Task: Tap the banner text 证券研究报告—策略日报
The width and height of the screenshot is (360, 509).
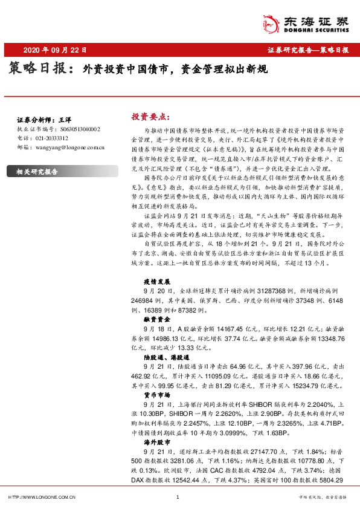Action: [x=307, y=50]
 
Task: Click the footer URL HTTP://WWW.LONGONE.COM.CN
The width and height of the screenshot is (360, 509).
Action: [x=41, y=497]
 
